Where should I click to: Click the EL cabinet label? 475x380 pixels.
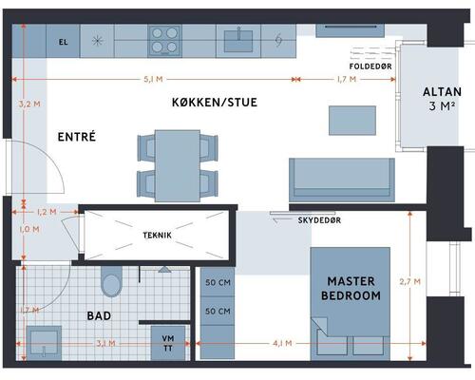[64, 42]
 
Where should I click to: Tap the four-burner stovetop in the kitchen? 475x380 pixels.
[164, 41]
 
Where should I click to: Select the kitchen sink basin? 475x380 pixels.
[238, 41]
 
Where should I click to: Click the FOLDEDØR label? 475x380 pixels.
[370, 66]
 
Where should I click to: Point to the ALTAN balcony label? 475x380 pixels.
[442, 92]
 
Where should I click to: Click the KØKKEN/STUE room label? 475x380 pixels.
[215, 103]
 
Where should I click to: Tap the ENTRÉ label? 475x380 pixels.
[77, 137]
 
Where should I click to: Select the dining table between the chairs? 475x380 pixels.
[178, 165]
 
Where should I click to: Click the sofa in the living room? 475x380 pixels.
[342, 180]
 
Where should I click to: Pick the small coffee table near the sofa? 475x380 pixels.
[352, 121]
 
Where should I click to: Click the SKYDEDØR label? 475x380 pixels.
[319, 220]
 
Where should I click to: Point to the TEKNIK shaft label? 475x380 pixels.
[157, 236]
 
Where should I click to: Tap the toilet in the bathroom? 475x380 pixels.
[111, 281]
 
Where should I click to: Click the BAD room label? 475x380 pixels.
[99, 315]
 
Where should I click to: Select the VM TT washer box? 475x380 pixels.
[168, 343]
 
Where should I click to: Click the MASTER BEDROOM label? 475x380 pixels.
[351, 288]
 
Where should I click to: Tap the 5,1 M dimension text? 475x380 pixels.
[153, 79]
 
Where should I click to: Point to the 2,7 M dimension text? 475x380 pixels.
[410, 281]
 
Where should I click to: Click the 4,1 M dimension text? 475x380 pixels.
[282, 343]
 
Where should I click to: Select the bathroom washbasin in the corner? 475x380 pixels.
[44, 343]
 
